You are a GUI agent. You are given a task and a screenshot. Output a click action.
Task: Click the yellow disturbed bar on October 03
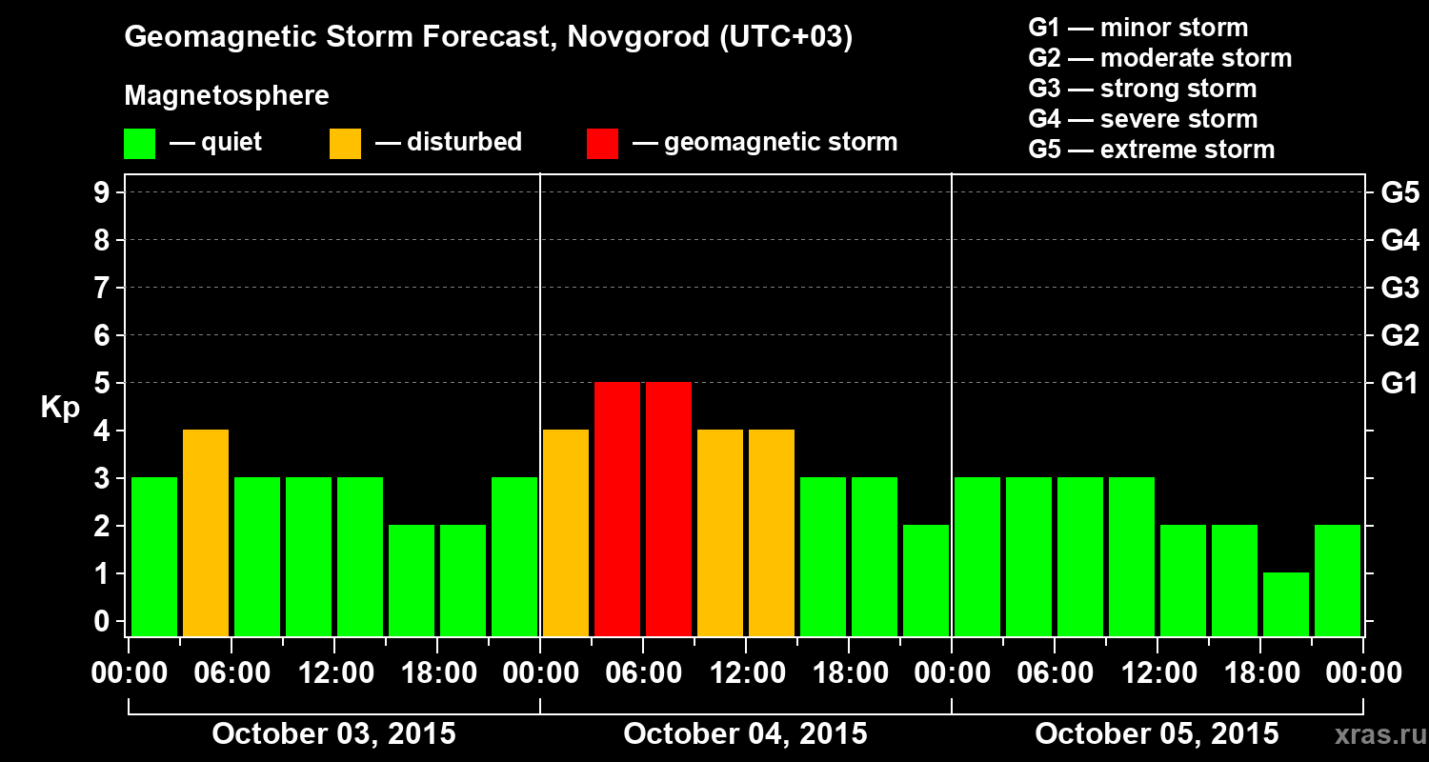point(206,532)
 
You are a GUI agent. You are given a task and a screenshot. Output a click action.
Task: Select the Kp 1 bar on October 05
point(1286,604)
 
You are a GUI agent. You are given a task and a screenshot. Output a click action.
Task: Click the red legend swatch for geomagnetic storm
point(603,143)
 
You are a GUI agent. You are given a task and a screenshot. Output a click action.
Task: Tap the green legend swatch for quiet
point(139,143)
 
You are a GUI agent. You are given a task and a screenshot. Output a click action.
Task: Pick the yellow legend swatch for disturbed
point(345,143)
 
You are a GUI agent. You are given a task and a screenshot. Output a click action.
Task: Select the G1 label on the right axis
point(1399,384)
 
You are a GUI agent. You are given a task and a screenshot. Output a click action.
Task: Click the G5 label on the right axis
point(1399,193)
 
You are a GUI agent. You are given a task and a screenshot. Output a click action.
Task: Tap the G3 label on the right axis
point(1399,289)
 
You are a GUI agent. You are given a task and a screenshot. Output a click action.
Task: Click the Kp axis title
point(60,408)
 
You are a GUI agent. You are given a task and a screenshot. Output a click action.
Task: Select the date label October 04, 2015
point(745,733)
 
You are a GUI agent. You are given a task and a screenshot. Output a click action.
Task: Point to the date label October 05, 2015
point(1157,733)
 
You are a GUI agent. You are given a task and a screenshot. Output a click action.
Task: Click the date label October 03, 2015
point(333,733)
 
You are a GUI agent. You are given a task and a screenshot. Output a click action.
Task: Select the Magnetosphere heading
point(227,96)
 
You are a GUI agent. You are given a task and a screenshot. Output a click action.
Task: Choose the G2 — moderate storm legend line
point(1160,58)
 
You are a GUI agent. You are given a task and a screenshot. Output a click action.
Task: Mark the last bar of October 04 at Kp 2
point(926,580)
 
